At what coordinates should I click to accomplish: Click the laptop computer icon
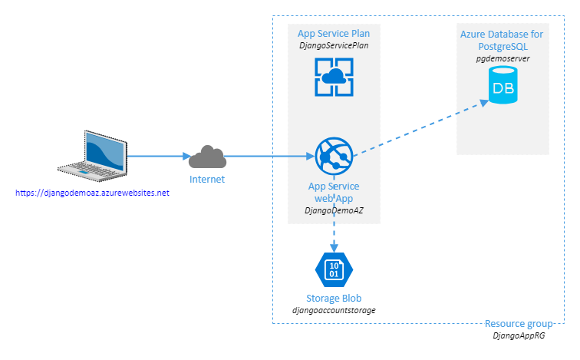coord(92,154)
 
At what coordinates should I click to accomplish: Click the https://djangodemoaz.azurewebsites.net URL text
coord(92,193)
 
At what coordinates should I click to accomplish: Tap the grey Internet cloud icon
coord(207,157)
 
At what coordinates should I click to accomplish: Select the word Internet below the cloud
coord(207,180)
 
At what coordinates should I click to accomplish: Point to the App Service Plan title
coord(334,34)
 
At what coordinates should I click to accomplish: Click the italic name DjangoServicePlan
coord(334,46)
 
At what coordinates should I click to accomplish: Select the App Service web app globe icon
coord(334,157)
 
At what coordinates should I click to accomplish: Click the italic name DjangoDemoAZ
coord(334,210)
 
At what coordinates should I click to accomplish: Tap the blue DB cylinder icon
coord(503,86)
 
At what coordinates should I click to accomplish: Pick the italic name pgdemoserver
coord(503,58)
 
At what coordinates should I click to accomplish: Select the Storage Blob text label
coord(334,298)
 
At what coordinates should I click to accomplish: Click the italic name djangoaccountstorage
coord(334,310)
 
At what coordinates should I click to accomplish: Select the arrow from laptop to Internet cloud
coord(157,157)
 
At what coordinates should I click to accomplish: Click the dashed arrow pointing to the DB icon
coord(422,127)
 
